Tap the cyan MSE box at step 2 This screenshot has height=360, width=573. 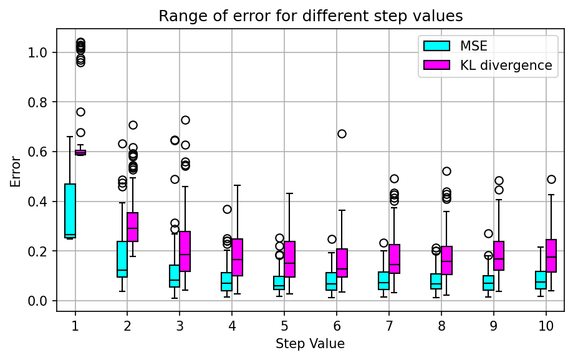(122, 259)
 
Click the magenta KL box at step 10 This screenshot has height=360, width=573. (551, 256)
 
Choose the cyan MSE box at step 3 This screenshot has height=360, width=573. (175, 276)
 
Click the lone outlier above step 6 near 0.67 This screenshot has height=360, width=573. (342, 134)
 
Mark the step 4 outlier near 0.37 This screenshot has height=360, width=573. (227, 209)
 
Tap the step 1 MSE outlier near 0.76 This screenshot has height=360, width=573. (80, 112)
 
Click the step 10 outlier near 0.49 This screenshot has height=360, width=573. (551, 179)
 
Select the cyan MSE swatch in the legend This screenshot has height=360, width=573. (436, 46)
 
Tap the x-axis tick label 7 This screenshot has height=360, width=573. (389, 326)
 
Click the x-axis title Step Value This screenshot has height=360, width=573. (310, 343)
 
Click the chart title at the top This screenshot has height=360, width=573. (310, 16)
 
